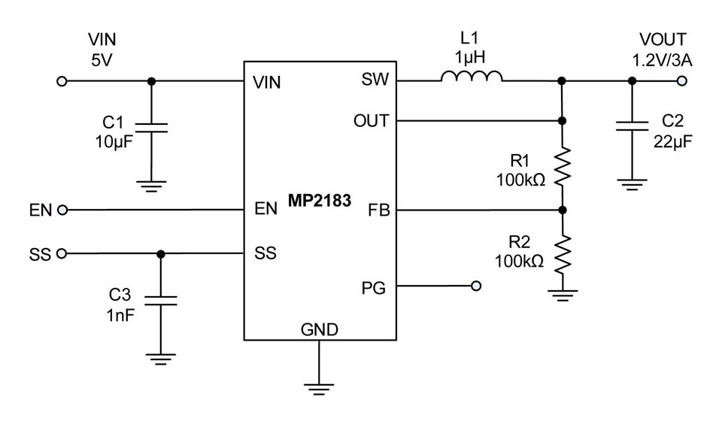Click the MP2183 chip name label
pyautogui.click(x=320, y=202)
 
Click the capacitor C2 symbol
pyautogui.click(x=631, y=127)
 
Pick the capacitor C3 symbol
pyautogui.click(x=159, y=300)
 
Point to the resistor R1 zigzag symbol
pyautogui.click(x=562, y=168)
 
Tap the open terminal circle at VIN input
pyautogui.click(x=62, y=81)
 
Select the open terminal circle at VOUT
pyautogui.click(x=682, y=81)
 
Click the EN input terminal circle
pyautogui.click(x=62, y=210)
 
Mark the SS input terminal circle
pyautogui.click(x=62, y=254)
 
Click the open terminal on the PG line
pyautogui.click(x=475, y=286)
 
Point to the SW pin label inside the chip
pyautogui.click(x=375, y=80)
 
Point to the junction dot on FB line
pyautogui.click(x=562, y=210)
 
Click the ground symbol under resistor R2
pyautogui.click(x=562, y=295)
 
